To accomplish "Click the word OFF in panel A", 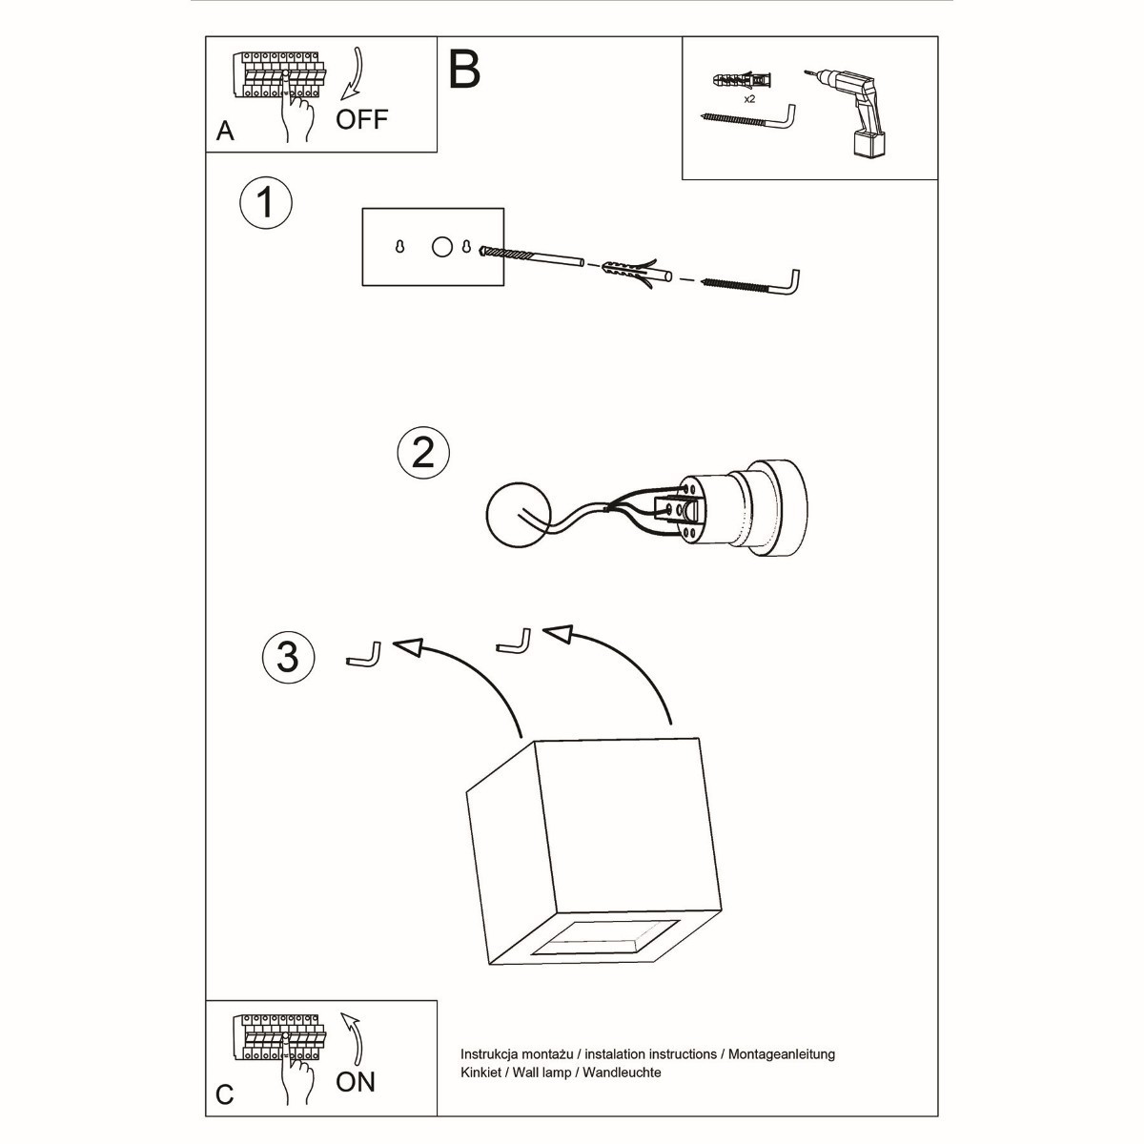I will pyautogui.click(x=361, y=119).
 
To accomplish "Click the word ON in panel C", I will pyautogui.click(x=356, y=1081).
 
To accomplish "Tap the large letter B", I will pyautogui.click(x=463, y=68).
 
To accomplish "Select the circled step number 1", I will pyautogui.click(x=266, y=203).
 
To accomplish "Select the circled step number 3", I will pyautogui.click(x=288, y=656).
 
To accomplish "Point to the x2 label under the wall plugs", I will pyautogui.click(x=749, y=98).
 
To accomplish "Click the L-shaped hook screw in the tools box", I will pyautogui.click(x=753, y=118).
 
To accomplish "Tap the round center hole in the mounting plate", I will pyautogui.click(x=441, y=247).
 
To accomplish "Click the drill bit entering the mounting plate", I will pyautogui.click(x=534, y=256).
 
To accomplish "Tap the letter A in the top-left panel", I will pyautogui.click(x=225, y=132).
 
